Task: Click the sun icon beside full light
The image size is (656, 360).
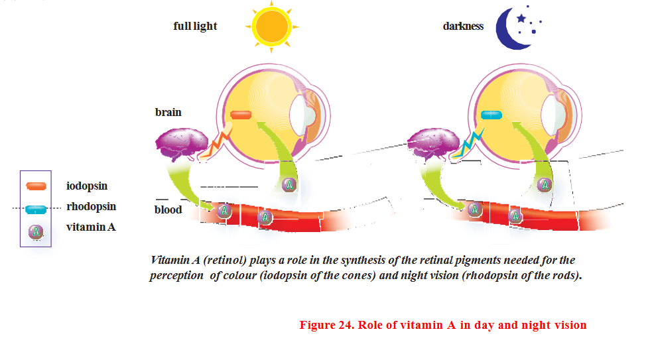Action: tap(271, 26)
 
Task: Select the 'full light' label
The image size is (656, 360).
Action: tap(195, 27)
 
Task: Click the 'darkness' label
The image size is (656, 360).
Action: tap(463, 27)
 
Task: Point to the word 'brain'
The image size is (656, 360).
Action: tap(168, 112)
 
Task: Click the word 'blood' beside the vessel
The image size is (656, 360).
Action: tap(168, 210)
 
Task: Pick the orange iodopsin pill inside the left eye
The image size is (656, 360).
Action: tap(241, 115)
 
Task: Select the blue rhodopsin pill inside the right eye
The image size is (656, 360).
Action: tap(492, 115)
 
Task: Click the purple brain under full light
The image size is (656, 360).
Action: tap(177, 145)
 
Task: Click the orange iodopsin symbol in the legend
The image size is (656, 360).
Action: tap(36, 187)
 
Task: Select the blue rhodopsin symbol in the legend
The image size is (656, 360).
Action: tap(36, 210)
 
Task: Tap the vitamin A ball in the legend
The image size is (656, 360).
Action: tap(36, 231)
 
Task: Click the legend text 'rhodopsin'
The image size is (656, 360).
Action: tap(91, 207)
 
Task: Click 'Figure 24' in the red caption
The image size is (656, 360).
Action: tap(326, 325)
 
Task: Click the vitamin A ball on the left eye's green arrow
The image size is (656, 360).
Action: tap(288, 185)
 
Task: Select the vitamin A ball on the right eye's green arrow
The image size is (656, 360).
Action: tap(544, 185)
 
